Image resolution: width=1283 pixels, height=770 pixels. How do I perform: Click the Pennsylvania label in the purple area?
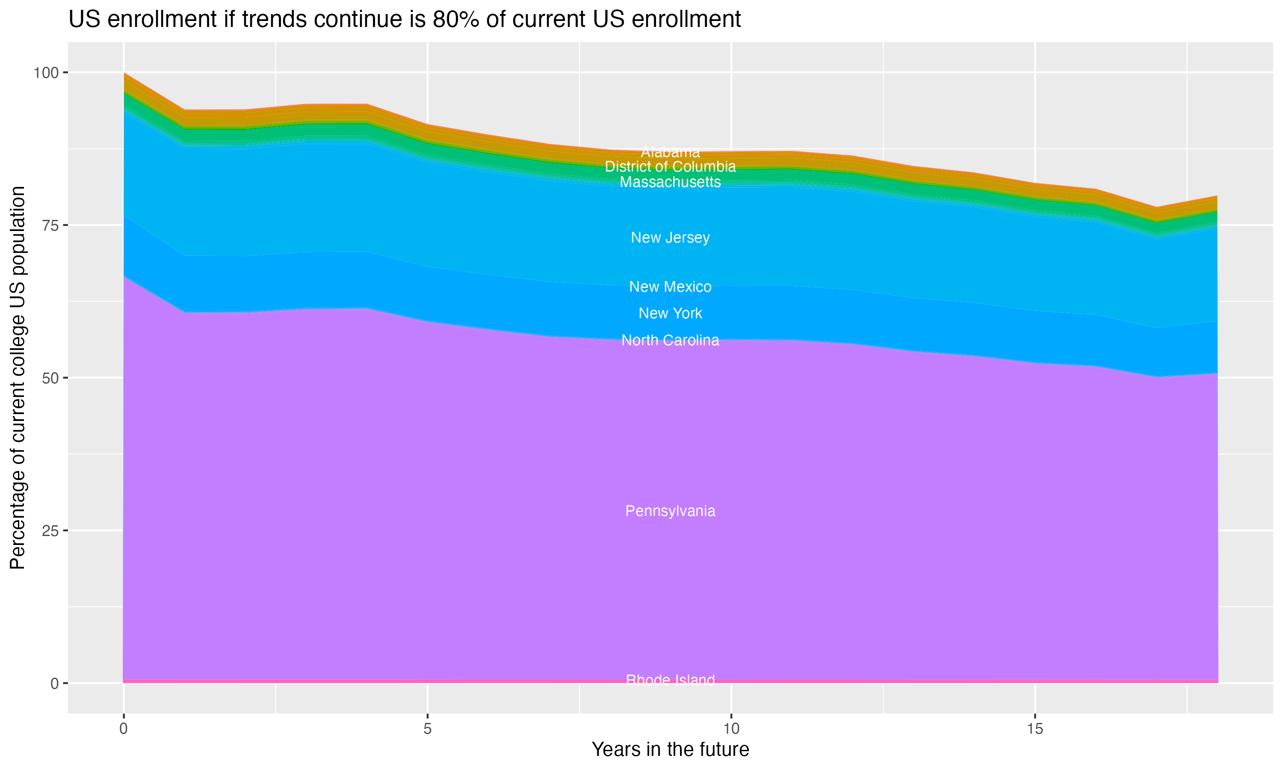pos(670,511)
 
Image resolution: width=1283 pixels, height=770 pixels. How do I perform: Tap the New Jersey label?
pos(670,238)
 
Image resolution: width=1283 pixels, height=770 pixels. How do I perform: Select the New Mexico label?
pos(670,287)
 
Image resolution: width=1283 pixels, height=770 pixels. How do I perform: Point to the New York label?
pos(670,314)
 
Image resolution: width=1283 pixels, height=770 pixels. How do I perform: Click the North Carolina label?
pos(670,341)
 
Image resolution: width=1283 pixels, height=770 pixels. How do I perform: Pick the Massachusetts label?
pos(670,182)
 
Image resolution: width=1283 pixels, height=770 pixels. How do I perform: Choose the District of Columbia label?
pos(670,166)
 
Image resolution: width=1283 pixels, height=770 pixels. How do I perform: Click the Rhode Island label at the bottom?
pos(670,680)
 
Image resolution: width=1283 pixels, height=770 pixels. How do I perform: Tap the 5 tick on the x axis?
pos(427,729)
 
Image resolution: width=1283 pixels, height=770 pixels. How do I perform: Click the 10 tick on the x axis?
pos(731,729)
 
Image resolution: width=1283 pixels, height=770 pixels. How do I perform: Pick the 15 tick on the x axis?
pos(1035,729)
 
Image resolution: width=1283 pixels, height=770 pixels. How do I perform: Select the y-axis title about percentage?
pos(18,378)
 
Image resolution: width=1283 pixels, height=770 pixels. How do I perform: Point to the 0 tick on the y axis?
pos(54,683)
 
